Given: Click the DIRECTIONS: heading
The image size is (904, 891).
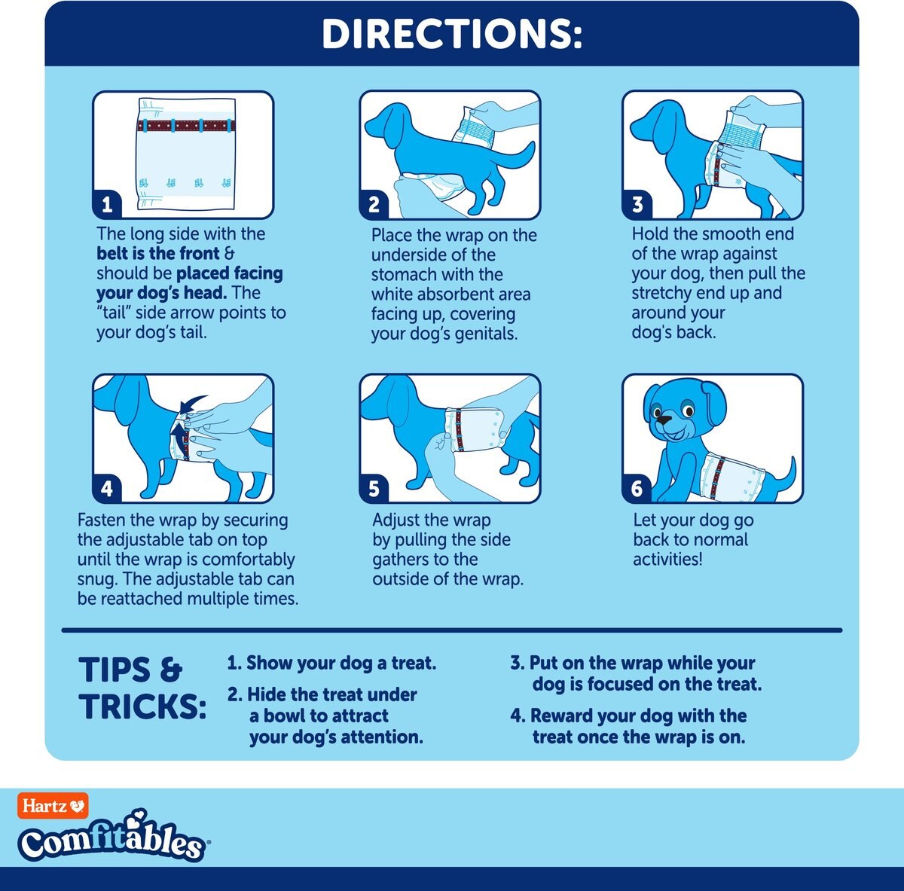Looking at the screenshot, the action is coord(452,34).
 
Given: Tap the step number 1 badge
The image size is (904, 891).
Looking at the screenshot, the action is coord(107,205).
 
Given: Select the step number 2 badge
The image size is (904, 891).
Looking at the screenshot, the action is coord(374,205).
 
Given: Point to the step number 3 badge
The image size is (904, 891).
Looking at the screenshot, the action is coord(637,205).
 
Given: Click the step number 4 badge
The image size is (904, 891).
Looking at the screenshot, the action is coord(107,489).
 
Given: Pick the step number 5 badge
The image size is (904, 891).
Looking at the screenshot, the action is coord(374,489).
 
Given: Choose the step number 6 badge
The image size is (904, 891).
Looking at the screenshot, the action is coord(637,489).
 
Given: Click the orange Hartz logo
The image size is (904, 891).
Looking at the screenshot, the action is coord(53,806).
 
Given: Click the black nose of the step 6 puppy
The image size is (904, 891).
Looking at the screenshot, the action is coord(663,419).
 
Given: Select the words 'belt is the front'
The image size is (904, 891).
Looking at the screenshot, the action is coord(158,253).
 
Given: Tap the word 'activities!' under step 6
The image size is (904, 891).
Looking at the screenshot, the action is coord(667,560).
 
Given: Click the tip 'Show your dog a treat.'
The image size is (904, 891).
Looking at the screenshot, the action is coord(331,663).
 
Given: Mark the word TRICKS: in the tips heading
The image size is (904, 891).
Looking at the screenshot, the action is coord(142,706).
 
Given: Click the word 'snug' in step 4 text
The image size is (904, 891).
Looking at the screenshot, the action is coord(96,579).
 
